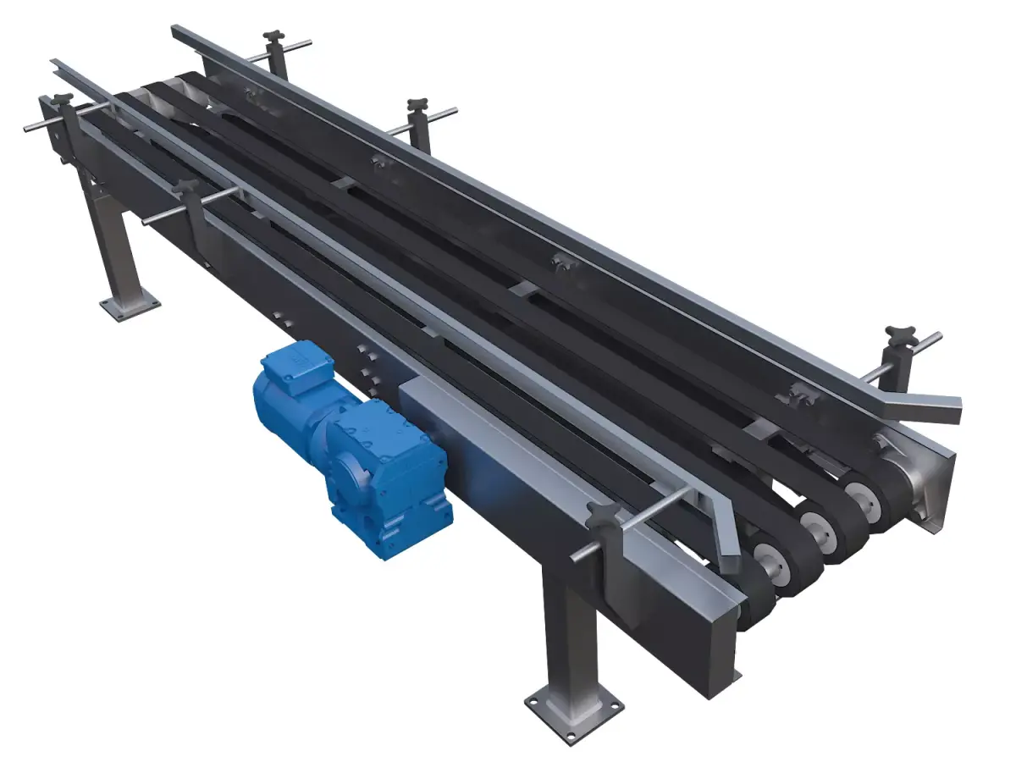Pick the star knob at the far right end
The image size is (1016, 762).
click(x=895, y=334)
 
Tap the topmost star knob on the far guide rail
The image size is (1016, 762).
click(x=274, y=37)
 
